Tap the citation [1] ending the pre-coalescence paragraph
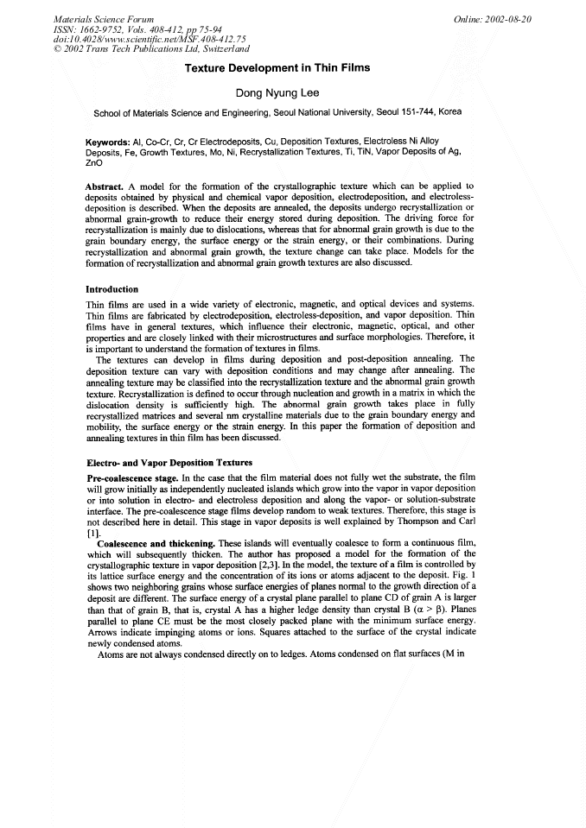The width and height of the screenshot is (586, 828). (92, 532)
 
